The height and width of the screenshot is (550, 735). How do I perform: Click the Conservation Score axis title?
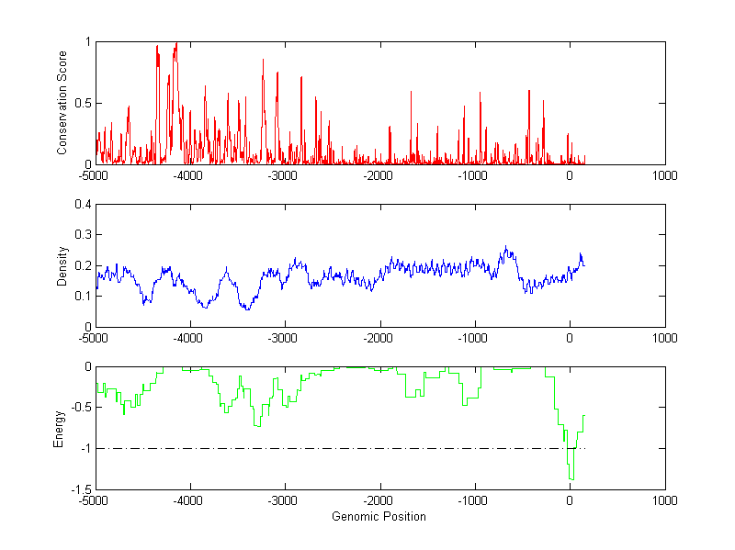coord(62,103)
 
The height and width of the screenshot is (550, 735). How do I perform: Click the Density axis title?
coord(62,265)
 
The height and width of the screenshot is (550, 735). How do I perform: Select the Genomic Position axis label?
coord(379,516)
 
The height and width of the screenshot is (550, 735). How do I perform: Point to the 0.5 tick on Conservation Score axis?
coord(82,103)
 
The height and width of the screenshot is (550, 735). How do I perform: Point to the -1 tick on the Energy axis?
coord(85,449)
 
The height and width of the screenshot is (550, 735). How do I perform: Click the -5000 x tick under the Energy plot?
coord(95,500)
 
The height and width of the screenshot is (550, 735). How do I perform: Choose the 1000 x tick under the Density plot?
coord(664,337)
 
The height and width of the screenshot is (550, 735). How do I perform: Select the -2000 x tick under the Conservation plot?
coord(379,174)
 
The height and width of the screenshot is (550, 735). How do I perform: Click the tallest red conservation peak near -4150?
coord(175,42)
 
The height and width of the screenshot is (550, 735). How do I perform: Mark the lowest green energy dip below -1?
coord(571,479)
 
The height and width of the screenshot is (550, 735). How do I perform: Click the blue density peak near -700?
coord(505,246)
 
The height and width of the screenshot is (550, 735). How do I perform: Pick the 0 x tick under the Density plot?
coord(570,337)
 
